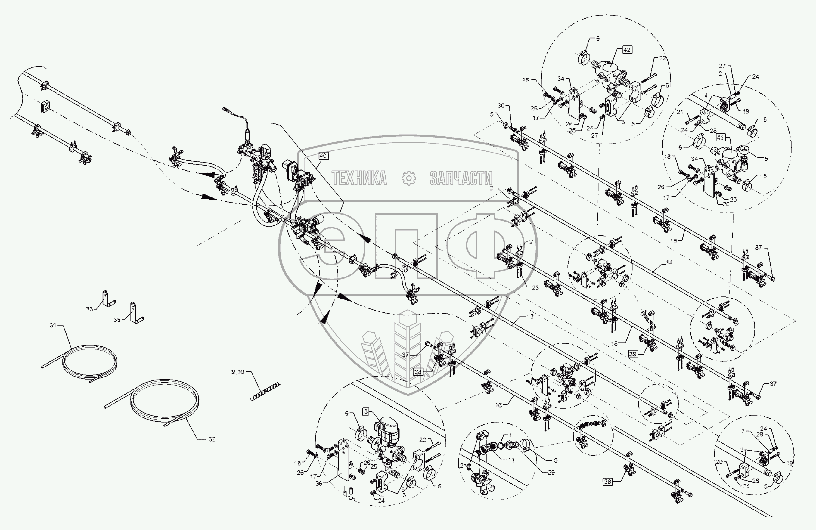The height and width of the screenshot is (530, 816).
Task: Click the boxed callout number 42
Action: point(627,50)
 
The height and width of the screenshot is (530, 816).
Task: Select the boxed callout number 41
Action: point(720,138)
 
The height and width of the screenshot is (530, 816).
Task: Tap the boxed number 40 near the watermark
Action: point(323,156)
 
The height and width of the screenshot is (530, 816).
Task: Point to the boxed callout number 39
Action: point(633,354)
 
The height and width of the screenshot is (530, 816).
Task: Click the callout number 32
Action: point(212,439)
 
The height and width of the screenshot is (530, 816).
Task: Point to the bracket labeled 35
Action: point(135,313)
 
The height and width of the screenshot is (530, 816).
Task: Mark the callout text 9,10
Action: point(237,372)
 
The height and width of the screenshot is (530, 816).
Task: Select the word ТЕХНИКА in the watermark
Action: point(359,178)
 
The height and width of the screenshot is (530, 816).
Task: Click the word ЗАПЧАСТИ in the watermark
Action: point(461,178)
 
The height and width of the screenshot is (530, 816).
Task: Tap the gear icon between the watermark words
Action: point(409,178)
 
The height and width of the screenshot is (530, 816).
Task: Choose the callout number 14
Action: point(669,263)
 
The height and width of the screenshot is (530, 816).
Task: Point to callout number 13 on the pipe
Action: point(530,316)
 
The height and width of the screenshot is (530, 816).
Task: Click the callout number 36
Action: point(319,484)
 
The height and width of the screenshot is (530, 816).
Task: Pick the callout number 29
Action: point(551,473)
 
